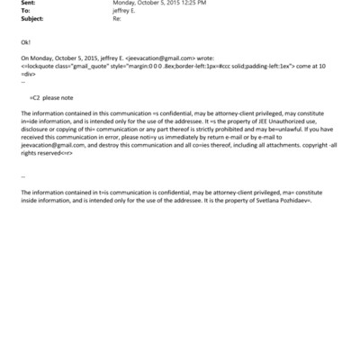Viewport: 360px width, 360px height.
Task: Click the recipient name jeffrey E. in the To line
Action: (125, 11)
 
